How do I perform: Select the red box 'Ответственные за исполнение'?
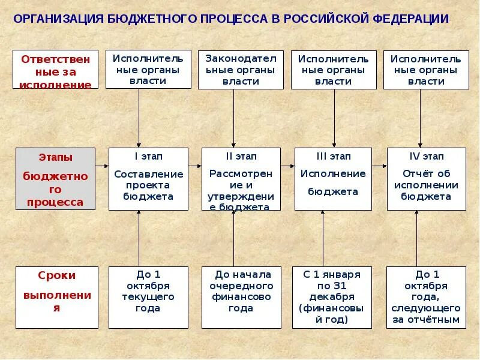[x=56, y=70]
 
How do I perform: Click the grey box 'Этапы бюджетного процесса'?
[x=56, y=179]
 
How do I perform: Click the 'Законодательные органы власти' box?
[x=241, y=70]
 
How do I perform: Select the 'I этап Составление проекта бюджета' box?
[x=148, y=179]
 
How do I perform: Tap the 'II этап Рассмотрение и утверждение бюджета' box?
[x=241, y=179]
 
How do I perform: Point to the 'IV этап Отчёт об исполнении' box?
[x=427, y=179]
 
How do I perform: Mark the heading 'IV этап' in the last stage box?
[x=427, y=157]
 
